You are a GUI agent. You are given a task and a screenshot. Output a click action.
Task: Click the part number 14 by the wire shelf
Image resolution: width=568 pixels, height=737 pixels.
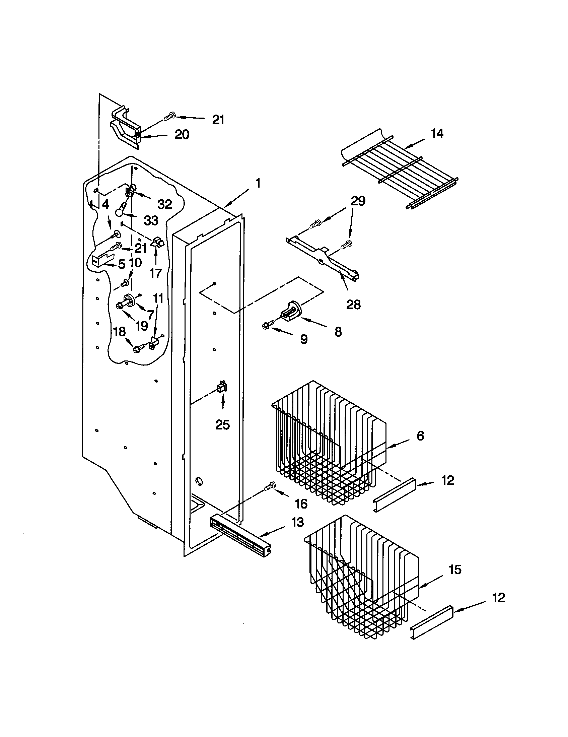tap(437, 134)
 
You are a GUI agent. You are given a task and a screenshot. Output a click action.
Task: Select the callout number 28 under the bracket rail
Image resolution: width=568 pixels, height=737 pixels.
tap(353, 305)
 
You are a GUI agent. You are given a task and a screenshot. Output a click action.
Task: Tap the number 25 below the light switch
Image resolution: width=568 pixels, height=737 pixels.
tap(222, 424)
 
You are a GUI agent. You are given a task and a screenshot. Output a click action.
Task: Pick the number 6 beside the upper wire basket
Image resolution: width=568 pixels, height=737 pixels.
tap(420, 435)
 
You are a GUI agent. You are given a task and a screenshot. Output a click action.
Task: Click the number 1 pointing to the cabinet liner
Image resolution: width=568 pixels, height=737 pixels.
tap(258, 184)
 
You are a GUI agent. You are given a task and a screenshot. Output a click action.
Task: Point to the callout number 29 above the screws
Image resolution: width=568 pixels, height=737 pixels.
tap(358, 201)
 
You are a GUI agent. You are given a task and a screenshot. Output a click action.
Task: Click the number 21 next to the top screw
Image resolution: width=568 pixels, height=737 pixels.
tap(218, 120)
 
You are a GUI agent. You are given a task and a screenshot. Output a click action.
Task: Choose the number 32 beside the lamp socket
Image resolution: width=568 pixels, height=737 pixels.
tap(164, 204)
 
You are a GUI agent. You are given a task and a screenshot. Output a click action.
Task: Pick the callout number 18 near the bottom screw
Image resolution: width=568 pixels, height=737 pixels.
tap(120, 332)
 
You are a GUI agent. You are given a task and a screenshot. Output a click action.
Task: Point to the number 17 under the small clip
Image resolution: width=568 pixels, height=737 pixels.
tap(156, 273)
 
